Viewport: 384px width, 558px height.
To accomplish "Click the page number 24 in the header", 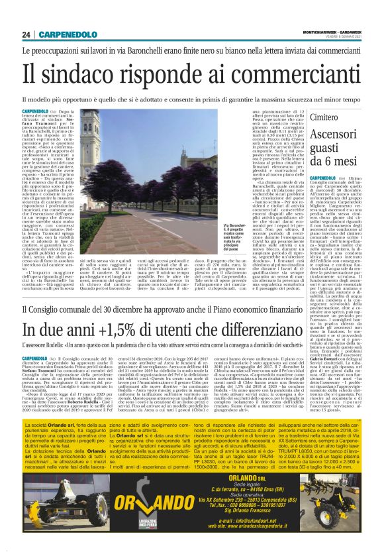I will (x=26, y=34).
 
